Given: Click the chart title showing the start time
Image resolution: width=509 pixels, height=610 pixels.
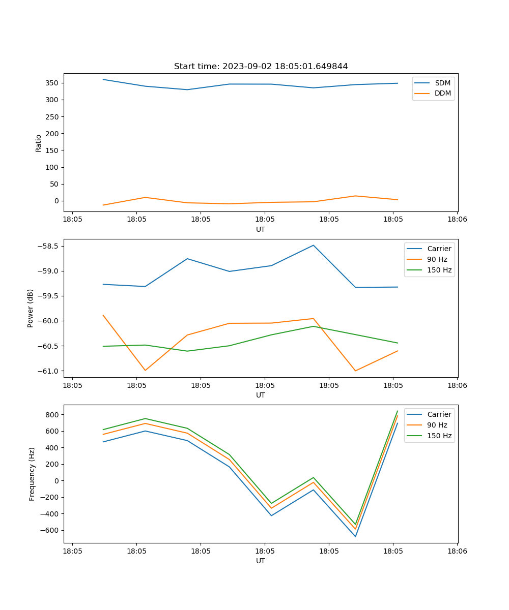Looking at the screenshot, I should [x=261, y=67].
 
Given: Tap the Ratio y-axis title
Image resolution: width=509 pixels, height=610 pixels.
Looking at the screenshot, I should [x=39, y=143].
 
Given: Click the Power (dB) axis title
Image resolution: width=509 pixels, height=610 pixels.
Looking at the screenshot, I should [x=31, y=308].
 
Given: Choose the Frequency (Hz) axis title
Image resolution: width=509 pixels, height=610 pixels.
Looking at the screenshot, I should [x=32, y=474].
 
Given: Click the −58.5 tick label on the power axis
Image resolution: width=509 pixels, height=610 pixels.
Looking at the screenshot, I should [x=49, y=246].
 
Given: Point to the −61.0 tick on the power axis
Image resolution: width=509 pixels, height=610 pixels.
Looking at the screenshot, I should [x=49, y=371].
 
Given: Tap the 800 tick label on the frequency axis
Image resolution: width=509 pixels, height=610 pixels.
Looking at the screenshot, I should [x=53, y=414].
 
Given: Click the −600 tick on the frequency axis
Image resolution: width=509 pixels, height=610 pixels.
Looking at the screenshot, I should [x=50, y=530].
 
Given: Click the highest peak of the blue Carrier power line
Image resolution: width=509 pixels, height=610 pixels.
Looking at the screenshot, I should [x=314, y=246].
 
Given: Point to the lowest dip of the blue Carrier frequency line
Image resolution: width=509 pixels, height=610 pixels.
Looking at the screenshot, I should [x=355, y=536].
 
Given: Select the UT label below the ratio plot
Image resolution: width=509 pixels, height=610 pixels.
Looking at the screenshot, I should [x=261, y=229].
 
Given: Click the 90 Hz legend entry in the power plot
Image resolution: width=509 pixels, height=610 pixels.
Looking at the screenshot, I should [x=437, y=259].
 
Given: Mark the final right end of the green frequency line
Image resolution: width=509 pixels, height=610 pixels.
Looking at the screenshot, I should [x=398, y=411].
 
